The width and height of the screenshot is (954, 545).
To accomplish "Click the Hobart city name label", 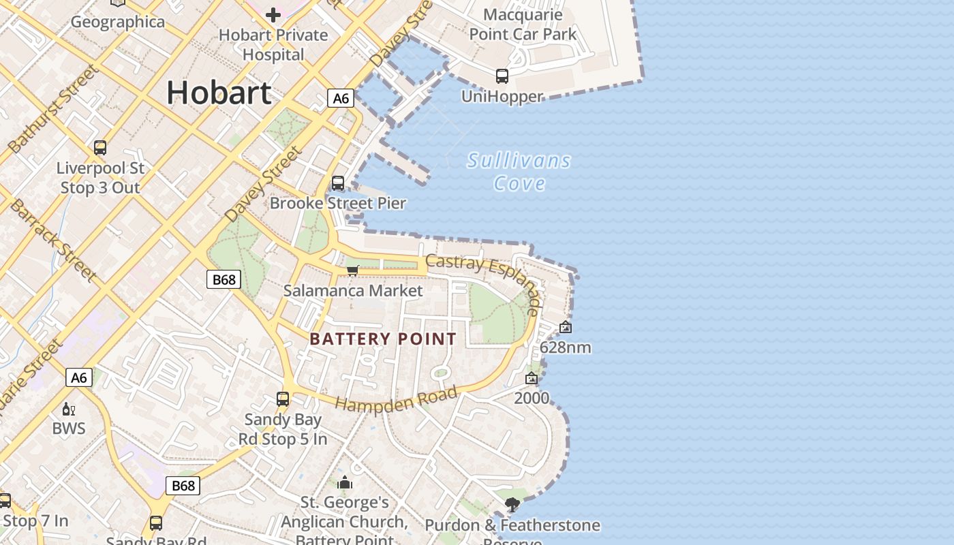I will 219,93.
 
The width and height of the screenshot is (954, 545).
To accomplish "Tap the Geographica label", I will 118,22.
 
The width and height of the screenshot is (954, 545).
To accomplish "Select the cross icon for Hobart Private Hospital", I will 273,14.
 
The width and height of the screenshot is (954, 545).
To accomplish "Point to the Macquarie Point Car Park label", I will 523,24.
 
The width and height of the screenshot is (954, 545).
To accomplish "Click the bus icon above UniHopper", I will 502,76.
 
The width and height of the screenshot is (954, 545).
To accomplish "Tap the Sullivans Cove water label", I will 519,172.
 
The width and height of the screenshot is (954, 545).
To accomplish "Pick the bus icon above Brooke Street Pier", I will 338,183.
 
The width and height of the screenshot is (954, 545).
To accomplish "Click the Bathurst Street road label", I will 52,109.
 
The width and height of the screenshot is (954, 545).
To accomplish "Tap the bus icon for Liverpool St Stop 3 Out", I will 100,147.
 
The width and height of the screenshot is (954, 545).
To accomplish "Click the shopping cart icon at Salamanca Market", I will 353,270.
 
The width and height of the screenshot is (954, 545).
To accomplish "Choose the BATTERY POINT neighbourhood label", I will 383,339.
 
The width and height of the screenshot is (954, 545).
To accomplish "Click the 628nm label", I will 565,347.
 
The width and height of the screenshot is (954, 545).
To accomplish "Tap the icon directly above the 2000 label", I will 532,378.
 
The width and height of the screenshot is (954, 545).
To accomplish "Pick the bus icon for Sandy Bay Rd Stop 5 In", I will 283,399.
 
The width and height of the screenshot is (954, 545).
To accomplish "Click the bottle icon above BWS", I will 69,409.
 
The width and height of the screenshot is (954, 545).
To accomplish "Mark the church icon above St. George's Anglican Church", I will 345,483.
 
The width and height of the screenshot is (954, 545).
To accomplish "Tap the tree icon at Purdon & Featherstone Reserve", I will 512,505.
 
